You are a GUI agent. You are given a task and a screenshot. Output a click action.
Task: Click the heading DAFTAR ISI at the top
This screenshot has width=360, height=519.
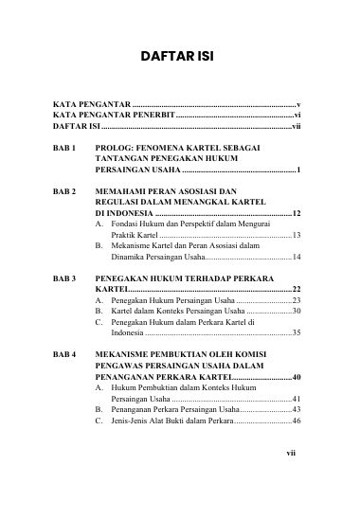177,57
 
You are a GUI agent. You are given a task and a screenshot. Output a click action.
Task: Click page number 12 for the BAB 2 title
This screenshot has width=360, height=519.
297,213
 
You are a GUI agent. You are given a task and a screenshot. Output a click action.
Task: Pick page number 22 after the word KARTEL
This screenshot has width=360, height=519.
297,289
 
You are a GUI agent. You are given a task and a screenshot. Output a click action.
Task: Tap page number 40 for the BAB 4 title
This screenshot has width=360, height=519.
297,376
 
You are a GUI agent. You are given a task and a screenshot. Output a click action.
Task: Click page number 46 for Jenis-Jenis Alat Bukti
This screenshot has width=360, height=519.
297,420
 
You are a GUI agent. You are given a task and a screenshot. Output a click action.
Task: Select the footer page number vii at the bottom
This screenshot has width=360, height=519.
292,453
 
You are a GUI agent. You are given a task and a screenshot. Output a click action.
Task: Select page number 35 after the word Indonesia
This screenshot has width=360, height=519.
297,332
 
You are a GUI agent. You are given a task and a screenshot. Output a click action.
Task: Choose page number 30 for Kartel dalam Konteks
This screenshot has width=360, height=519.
297,311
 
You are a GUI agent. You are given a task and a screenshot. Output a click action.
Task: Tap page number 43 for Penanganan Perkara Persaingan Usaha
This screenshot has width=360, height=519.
297,409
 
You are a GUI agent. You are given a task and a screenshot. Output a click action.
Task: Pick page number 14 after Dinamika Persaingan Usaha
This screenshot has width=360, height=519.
297,257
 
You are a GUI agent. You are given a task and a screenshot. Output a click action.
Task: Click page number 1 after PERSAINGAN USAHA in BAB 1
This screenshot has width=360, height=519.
298,170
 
